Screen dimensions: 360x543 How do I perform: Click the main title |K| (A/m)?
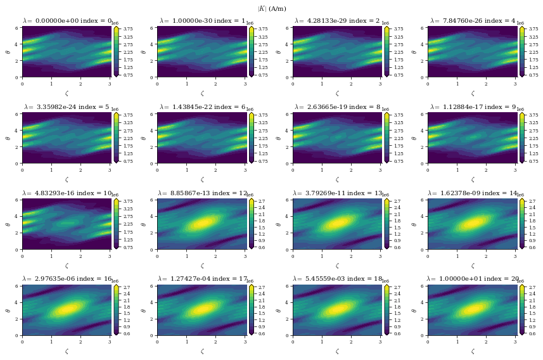[272, 8]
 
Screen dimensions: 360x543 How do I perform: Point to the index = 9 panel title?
[473, 107]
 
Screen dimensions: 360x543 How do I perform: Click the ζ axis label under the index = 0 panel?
[67, 93]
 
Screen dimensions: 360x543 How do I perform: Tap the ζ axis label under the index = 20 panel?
[473, 351]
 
